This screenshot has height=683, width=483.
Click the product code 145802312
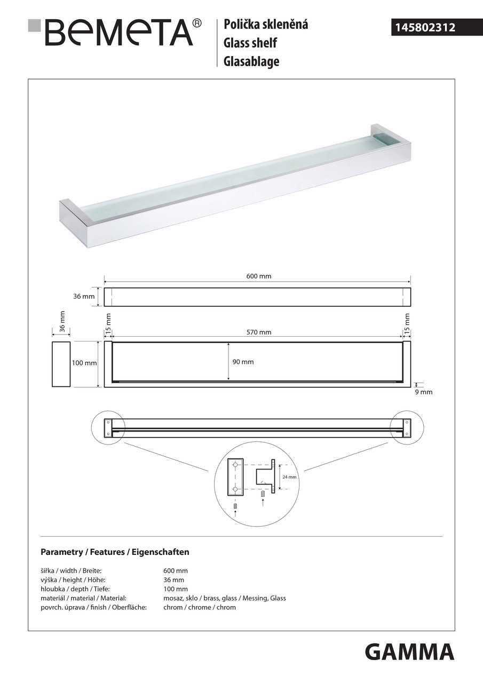tap(424, 27)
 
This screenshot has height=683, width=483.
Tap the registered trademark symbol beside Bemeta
tap(197, 23)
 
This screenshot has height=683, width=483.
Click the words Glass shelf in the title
tap(250, 43)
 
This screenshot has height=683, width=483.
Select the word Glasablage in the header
tap(251, 61)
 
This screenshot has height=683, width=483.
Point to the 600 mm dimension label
tap(258, 276)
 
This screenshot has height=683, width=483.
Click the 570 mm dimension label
tap(258, 332)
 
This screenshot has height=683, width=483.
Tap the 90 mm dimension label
tap(243, 362)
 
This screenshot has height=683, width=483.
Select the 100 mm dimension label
tap(84, 363)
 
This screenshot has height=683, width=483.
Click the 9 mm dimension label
tap(424, 392)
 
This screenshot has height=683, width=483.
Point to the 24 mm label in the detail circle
tap(289, 477)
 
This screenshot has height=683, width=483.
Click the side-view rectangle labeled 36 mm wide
tap(61, 364)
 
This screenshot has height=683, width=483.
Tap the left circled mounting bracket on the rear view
tap(108, 427)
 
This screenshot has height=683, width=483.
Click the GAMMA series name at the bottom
tap(409, 652)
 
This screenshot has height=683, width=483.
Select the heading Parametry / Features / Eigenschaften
tap(115, 552)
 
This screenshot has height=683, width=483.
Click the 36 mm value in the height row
tap(173, 580)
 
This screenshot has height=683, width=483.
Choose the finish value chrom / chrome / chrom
tap(199, 607)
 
